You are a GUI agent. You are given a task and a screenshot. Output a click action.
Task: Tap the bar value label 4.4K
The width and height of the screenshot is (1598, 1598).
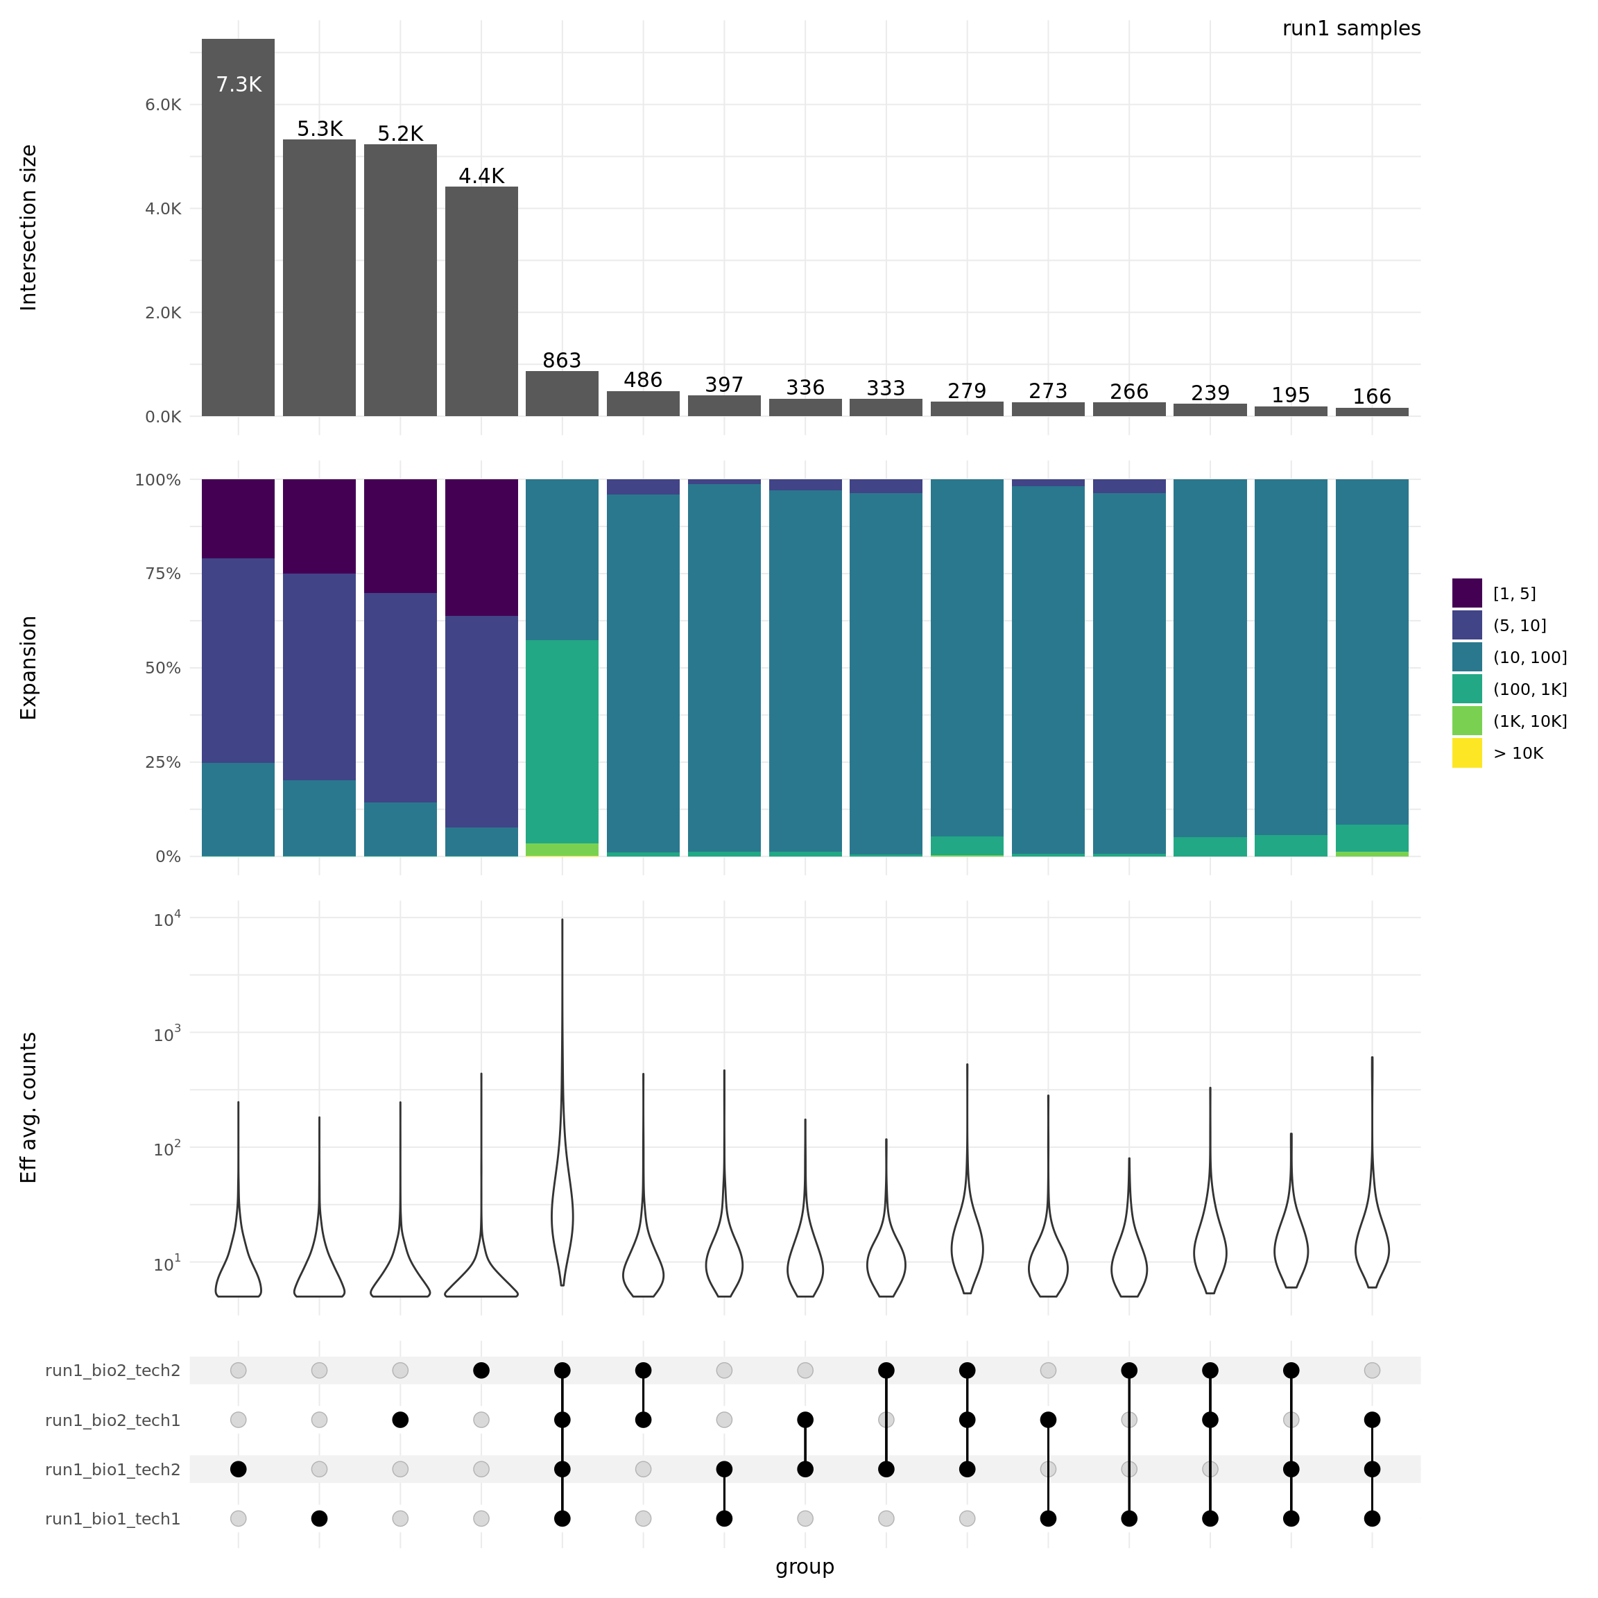[481, 176]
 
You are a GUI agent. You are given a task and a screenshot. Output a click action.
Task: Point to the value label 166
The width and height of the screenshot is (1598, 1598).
[1371, 397]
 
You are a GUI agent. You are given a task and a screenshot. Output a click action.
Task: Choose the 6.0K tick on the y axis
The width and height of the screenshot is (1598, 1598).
[163, 105]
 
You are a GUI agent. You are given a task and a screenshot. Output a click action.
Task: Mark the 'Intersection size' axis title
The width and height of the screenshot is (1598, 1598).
[29, 227]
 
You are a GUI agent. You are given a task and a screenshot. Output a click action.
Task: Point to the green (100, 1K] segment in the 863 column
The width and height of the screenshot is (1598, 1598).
[562, 741]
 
